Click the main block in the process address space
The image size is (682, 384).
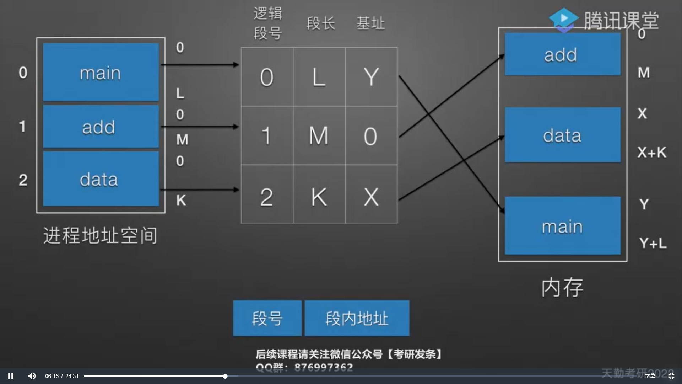click(x=101, y=72)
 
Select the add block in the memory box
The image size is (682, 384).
click(x=562, y=54)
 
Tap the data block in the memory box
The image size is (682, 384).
click(x=562, y=135)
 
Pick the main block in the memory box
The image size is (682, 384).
click(x=562, y=226)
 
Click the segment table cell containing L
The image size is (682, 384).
click(x=319, y=77)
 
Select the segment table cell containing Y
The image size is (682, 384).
click(x=371, y=77)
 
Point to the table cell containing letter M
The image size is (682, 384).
click(x=319, y=135)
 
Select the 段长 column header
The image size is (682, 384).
click(x=321, y=24)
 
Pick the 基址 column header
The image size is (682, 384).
click(x=370, y=24)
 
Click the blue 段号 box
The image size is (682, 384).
click(x=267, y=318)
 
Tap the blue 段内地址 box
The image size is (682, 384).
click(x=357, y=318)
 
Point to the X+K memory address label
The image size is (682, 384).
click(x=651, y=153)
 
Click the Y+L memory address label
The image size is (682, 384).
click(x=653, y=244)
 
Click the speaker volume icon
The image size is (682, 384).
click(x=32, y=376)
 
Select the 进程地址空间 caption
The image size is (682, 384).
click(x=100, y=235)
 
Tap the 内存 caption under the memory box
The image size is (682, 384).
click(x=562, y=287)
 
